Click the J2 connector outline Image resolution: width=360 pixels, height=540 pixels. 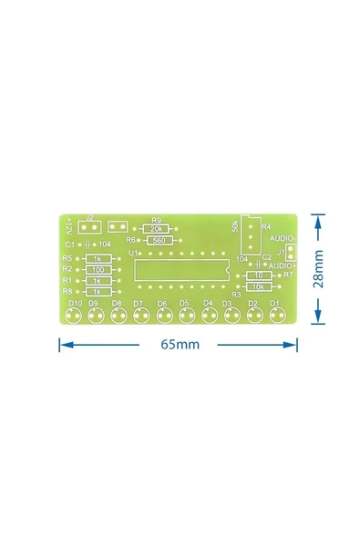(x=89, y=227)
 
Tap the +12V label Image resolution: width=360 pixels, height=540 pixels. (x=69, y=224)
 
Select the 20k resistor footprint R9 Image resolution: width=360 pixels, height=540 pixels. (x=156, y=229)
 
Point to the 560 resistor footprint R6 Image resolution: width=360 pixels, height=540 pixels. (x=158, y=240)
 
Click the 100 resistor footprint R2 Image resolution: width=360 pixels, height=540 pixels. (x=98, y=270)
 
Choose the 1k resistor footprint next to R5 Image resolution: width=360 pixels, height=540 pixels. (x=98, y=259)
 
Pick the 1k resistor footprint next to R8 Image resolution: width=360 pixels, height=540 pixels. (x=98, y=291)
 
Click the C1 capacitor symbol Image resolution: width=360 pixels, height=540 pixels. (x=87, y=245)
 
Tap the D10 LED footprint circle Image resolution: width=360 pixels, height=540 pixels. (x=73, y=317)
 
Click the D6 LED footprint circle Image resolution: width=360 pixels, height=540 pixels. (x=163, y=317)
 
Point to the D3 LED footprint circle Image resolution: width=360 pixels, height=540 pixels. (x=231, y=317)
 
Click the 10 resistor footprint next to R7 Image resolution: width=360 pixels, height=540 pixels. (x=259, y=275)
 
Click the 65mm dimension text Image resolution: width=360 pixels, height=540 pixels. (x=180, y=345)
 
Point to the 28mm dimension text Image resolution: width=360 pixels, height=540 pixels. (x=317, y=270)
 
